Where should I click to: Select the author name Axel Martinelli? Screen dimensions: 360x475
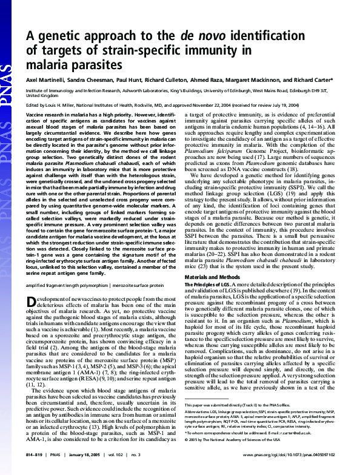coord(45,79)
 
